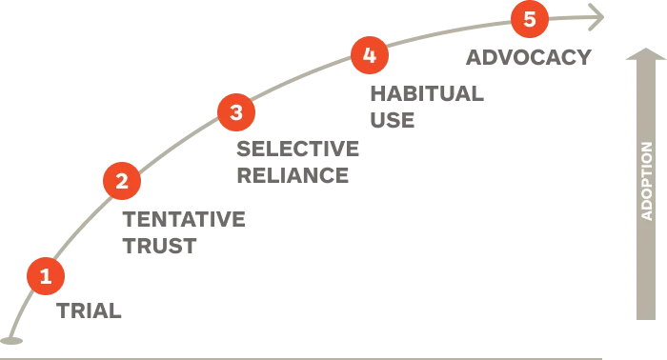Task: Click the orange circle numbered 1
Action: point(46,277)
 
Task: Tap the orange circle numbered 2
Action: point(122,181)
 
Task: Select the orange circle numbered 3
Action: point(236,113)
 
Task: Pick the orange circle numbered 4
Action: point(370,55)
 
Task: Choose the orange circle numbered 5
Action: point(530,19)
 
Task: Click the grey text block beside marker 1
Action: point(86,308)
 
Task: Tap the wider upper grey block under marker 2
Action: point(187,216)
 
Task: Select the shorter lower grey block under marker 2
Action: point(160,248)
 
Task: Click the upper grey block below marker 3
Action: point(299,148)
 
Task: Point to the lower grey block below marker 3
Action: point(293,175)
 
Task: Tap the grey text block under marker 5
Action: point(528,56)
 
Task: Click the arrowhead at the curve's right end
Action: point(598,16)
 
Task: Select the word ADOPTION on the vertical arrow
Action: point(647,181)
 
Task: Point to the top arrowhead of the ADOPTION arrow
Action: point(646,54)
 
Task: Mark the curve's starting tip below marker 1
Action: point(10,338)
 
